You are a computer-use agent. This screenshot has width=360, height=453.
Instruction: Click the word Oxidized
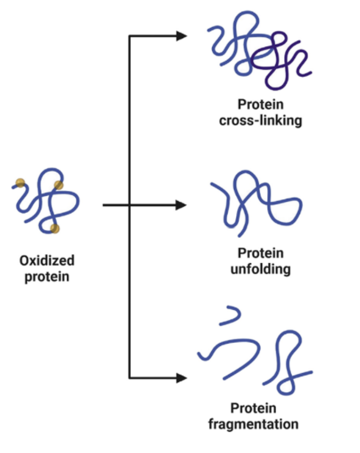pyautogui.click(x=47, y=260)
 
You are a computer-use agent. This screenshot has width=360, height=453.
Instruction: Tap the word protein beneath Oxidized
pyautogui.click(x=47, y=276)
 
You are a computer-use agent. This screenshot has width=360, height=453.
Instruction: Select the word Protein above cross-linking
pyautogui.click(x=260, y=105)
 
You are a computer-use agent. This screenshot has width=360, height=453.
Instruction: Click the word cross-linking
pyautogui.click(x=260, y=120)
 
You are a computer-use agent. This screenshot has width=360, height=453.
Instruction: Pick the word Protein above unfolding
pyautogui.click(x=260, y=253)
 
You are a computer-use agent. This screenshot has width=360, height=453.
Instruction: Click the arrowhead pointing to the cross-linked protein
pyautogui.click(x=181, y=36)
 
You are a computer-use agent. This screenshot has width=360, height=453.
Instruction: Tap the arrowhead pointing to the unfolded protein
pyautogui.click(x=181, y=205)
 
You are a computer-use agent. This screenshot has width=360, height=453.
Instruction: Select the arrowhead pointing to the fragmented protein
pyautogui.click(x=181, y=378)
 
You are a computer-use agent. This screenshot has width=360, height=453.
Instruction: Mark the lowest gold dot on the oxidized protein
pyautogui.click(x=55, y=228)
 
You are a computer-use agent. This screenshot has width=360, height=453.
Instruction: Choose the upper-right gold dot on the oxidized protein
pyautogui.click(x=59, y=185)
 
